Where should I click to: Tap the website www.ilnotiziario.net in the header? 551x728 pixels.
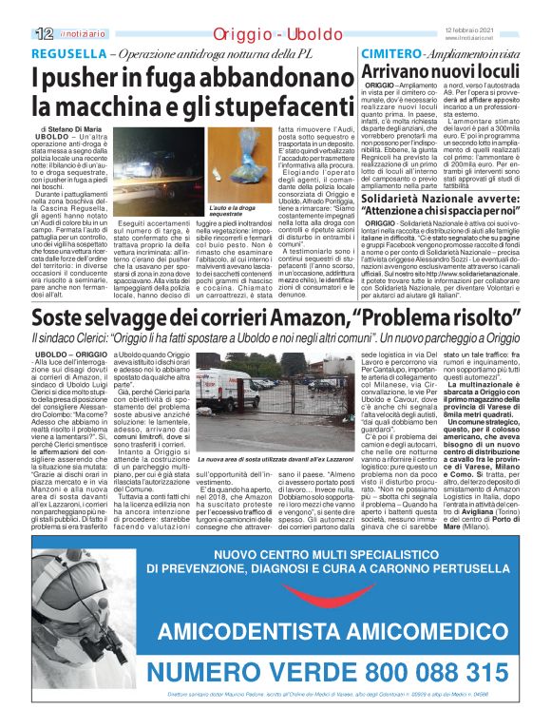(x=493, y=38)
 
